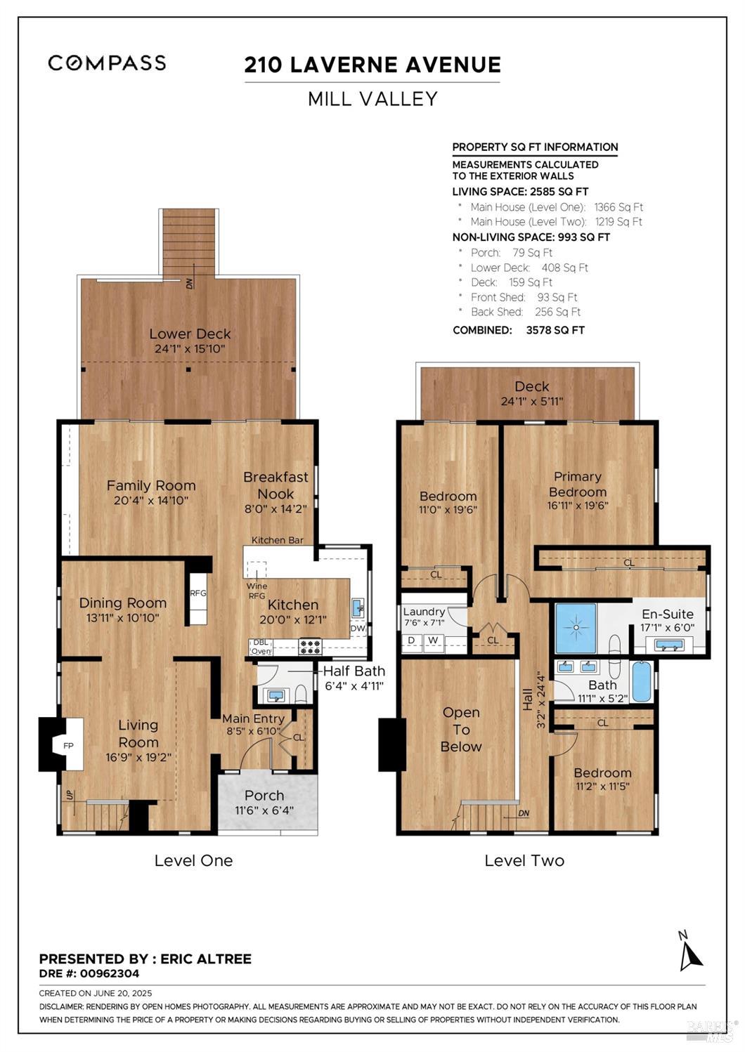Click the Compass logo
tap(107, 63)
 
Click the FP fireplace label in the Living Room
tap(69, 745)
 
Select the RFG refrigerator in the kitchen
tap(198, 598)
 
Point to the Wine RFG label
tap(257, 591)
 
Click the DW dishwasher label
tap(358, 629)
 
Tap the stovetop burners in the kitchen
tap(311, 647)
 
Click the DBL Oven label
tap(261, 647)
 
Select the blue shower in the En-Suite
tap(576, 628)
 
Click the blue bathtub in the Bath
tap(640, 681)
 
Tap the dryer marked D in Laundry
tap(411, 640)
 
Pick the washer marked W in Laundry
tap(433, 640)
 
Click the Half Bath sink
tap(276, 695)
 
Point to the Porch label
tap(264, 796)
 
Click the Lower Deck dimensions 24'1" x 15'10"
tap(190, 348)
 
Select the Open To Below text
tap(461, 730)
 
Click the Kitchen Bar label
tap(278, 540)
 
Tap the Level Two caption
tap(524, 860)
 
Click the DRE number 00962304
tap(110, 973)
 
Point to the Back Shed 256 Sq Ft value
tap(557, 312)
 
